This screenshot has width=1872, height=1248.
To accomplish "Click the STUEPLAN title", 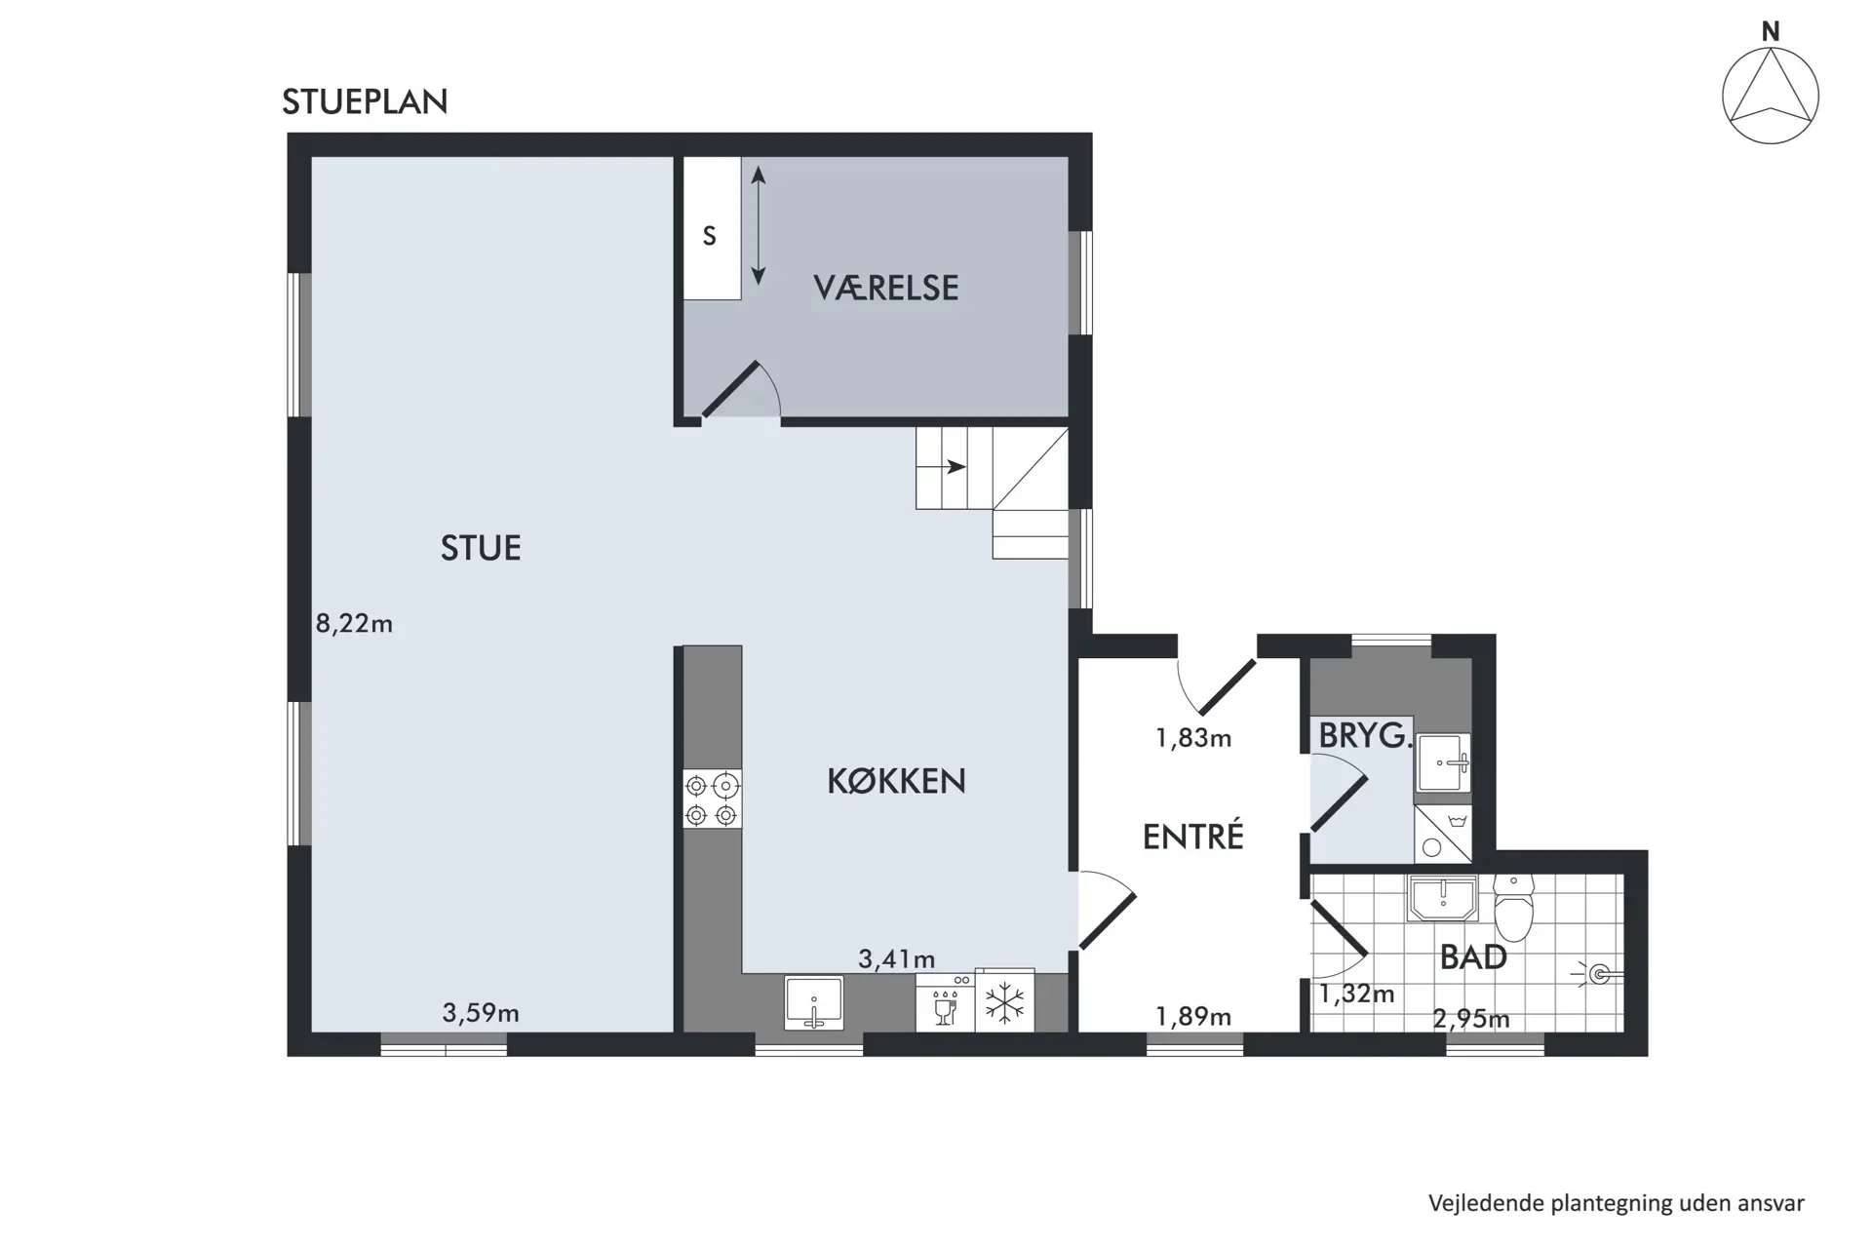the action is pyautogui.click(x=365, y=101).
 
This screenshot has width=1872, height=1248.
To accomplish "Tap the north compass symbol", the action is pyautogui.click(x=1770, y=96).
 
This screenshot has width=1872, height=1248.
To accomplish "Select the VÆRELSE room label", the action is pyautogui.click(x=885, y=288).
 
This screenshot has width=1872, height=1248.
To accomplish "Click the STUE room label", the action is pyautogui.click(x=481, y=548).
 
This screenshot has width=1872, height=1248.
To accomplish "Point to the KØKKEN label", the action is pyautogui.click(x=896, y=781).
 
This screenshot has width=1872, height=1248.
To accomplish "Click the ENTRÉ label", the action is pyautogui.click(x=1192, y=836).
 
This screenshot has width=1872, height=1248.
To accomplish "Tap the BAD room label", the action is pyautogui.click(x=1473, y=957).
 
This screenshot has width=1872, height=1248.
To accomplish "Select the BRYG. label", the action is pyautogui.click(x=1365, y=735).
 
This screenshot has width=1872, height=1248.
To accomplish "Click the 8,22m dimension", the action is pyautogui.click(x=354, y=624).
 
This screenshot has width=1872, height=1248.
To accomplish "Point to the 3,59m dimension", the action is pyautogui.click(x=481, y=1013).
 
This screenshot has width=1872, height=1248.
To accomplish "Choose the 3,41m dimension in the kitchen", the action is pyautogui.click(x=896, y=959).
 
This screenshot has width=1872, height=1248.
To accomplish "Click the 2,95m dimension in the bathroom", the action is pyautogui.click(x=1471, y=1020).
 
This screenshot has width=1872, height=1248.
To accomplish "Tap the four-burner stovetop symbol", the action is pyautogui.click(x=712, y=799).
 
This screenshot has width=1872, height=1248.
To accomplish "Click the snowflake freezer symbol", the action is pyautogui.click(x=1004, y=1002).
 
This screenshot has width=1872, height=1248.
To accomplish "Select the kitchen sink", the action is pyautogui.click(x=814, y=1002).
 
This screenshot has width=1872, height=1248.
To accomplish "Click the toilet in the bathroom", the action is pyautogui.click(x=1513, y=907).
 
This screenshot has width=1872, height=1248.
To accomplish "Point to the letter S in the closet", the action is pyautogui.click(x=710, y=236).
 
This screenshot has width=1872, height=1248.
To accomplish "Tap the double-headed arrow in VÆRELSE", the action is pyautogui.click(x=759, y=225).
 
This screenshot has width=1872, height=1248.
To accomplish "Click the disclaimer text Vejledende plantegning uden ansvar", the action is pyautogui.click(x=1617, y=1203).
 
